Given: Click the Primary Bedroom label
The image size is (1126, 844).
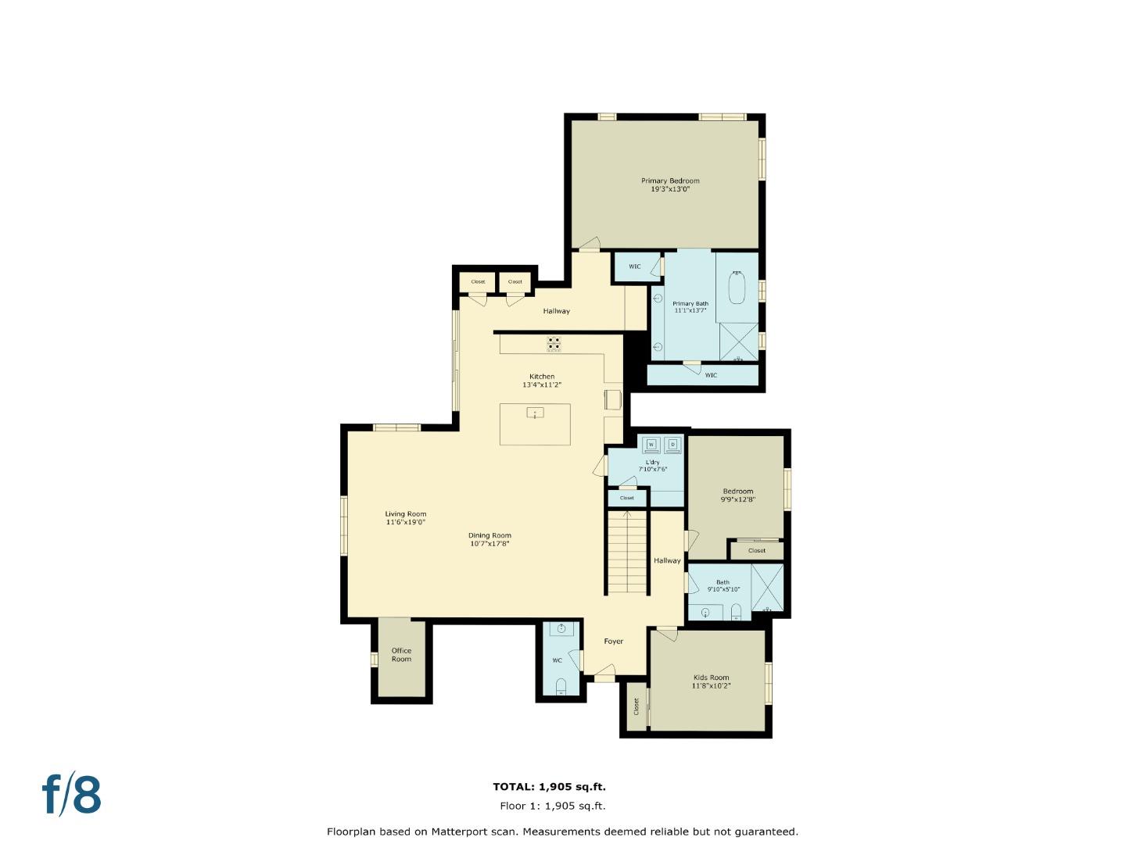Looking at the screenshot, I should pyautogui.click(x=670, y=181).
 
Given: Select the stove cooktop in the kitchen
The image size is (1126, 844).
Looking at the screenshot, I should pyautogui.click(x=554, y=344).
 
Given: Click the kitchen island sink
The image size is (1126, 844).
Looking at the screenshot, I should pyautogui.click(x=535, y=413).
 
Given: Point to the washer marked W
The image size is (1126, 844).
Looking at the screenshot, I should pyautogui.click(x=651, y=445).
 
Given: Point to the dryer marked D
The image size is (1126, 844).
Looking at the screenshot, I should pyautogui.click(x=672, y=445).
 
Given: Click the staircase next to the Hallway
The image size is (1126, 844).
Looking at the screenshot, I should pyautogui.click(x=627, y=551).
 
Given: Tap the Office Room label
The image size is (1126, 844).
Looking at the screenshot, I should pyautogui.click(x=401, y=654).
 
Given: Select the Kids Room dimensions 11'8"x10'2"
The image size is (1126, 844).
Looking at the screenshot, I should pyautogui.click(x=711, y=686).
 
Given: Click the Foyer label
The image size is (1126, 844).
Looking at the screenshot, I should pyautogui.click(x=614, y=642).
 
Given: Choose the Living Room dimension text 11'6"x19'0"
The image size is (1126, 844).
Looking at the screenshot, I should pyautogui.click(x=405, y=522).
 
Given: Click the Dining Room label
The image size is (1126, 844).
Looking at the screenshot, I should pyautogui.click(x=489, y=535).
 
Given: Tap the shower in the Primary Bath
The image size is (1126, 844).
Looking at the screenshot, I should pyautogui.click(x=738, y=342).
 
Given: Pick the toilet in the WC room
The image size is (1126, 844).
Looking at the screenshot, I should pyautogui.click(x=561, y=687).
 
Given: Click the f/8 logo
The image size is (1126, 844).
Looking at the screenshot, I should pyautogui.click(x=72, y=795).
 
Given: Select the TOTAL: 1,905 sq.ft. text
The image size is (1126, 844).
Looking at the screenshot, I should pyautogui.click(x=549, y=787).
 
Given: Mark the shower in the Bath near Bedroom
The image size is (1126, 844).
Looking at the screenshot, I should pyautogui.click(x=767, y=587).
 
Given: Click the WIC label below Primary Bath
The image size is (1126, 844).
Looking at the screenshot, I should pyautogui.click(x=711, y=375).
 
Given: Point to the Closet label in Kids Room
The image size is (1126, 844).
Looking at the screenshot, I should pyautogui.click(x=637, y=706).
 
